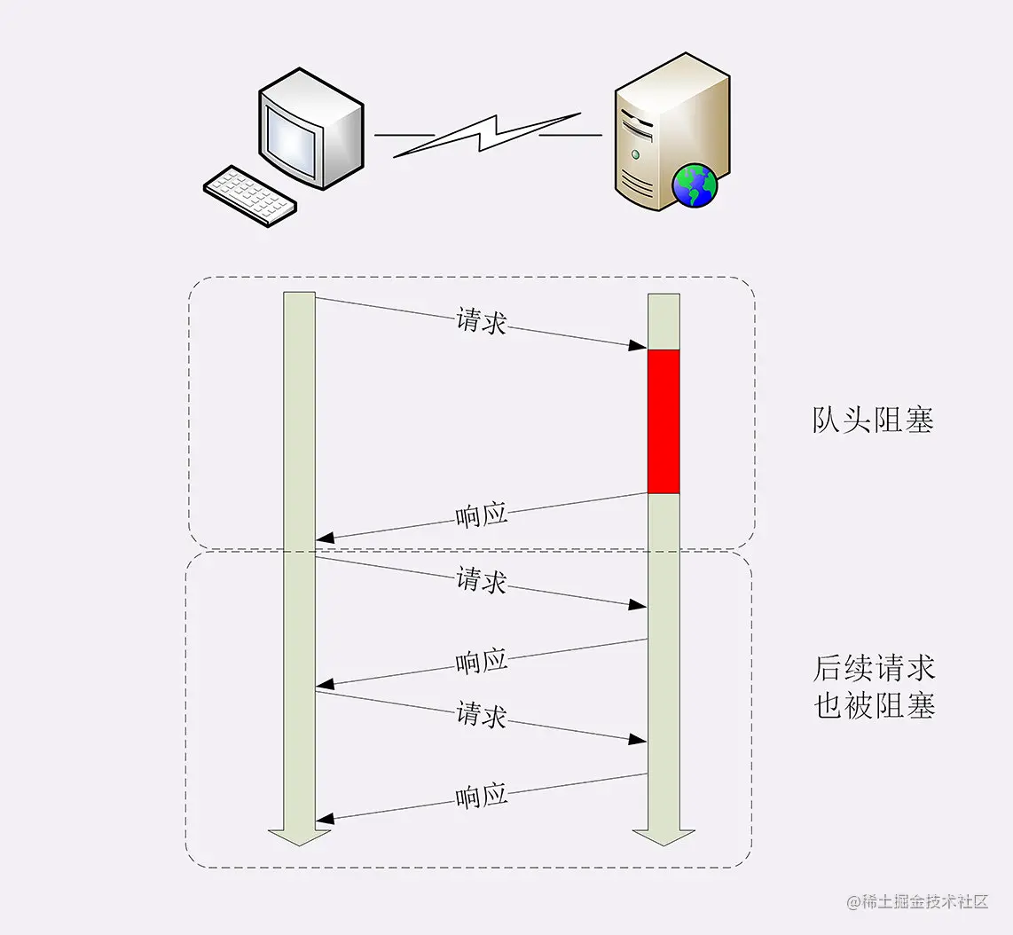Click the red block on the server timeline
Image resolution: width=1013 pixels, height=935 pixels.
[x=664, y=421]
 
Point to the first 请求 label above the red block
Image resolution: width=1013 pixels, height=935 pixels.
[x=481, y=321]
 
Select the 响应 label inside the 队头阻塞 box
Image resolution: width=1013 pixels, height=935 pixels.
[x=481, y=515]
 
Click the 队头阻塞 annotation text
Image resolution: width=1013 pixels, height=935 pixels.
[x=873, y=420]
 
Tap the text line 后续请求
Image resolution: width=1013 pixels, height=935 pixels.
[x=874, y=667]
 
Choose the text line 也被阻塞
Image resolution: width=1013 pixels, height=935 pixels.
[x=874, y=705]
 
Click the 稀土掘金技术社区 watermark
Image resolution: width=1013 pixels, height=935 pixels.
[x=917, y=902]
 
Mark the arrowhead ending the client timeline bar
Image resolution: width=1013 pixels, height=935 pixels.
[x=299, y=837]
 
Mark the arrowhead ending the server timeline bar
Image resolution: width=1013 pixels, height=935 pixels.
[x=664, y=837]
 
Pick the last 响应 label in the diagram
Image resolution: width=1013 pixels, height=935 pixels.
[x=481, y=796]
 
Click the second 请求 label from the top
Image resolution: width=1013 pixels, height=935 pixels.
[x=481, y=581]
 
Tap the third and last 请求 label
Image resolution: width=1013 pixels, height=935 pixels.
[x=481, y=715]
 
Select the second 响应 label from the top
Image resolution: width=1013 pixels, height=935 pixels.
[x=481, y=661]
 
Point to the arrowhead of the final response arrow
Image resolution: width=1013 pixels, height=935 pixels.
[x=325, y=819]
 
